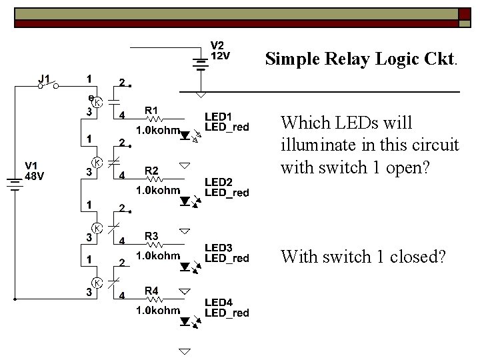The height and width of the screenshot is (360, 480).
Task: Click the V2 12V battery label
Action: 221,51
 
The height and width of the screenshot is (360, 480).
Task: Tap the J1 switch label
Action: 45,79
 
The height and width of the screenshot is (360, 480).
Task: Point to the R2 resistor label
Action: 152,170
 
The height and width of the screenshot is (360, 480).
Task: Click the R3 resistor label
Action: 152,235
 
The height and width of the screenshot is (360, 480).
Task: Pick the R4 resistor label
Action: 152,291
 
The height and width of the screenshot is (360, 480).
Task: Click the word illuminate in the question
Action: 315,145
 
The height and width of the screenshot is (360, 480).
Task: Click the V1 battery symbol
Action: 15,181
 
